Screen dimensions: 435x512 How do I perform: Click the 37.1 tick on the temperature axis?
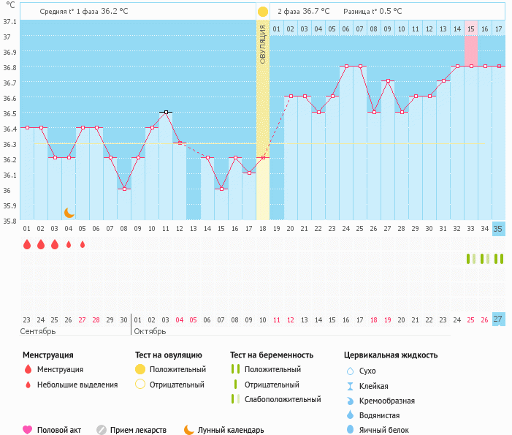coord(9,21)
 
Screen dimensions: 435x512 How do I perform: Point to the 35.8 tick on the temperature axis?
coord(9,221)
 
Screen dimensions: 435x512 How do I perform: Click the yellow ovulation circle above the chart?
coord(263,12)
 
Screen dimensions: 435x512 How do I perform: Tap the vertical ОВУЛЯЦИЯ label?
coord(263,44)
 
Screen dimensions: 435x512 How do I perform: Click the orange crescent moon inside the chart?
coord(69,212)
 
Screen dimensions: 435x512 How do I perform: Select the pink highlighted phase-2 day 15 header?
coord(471,29)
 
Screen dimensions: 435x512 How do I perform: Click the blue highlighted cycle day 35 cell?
coord(498,229)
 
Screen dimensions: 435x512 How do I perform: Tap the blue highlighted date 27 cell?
coord(498,319)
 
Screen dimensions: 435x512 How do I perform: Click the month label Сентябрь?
coord(38,331)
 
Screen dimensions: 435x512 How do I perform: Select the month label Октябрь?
coord(151,331)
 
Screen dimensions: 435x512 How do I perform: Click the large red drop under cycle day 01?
coord(26,245)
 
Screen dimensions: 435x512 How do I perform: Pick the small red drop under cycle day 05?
coord(83,245)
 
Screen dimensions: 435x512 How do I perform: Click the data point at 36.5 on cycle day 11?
coord(166,113)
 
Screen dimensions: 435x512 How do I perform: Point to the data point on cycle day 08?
coord(124,189)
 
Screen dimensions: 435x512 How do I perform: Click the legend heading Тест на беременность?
coord(272,355)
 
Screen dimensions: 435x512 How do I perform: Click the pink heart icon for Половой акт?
coord(28,430)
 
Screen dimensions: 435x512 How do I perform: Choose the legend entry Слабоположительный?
coord(283,399)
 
